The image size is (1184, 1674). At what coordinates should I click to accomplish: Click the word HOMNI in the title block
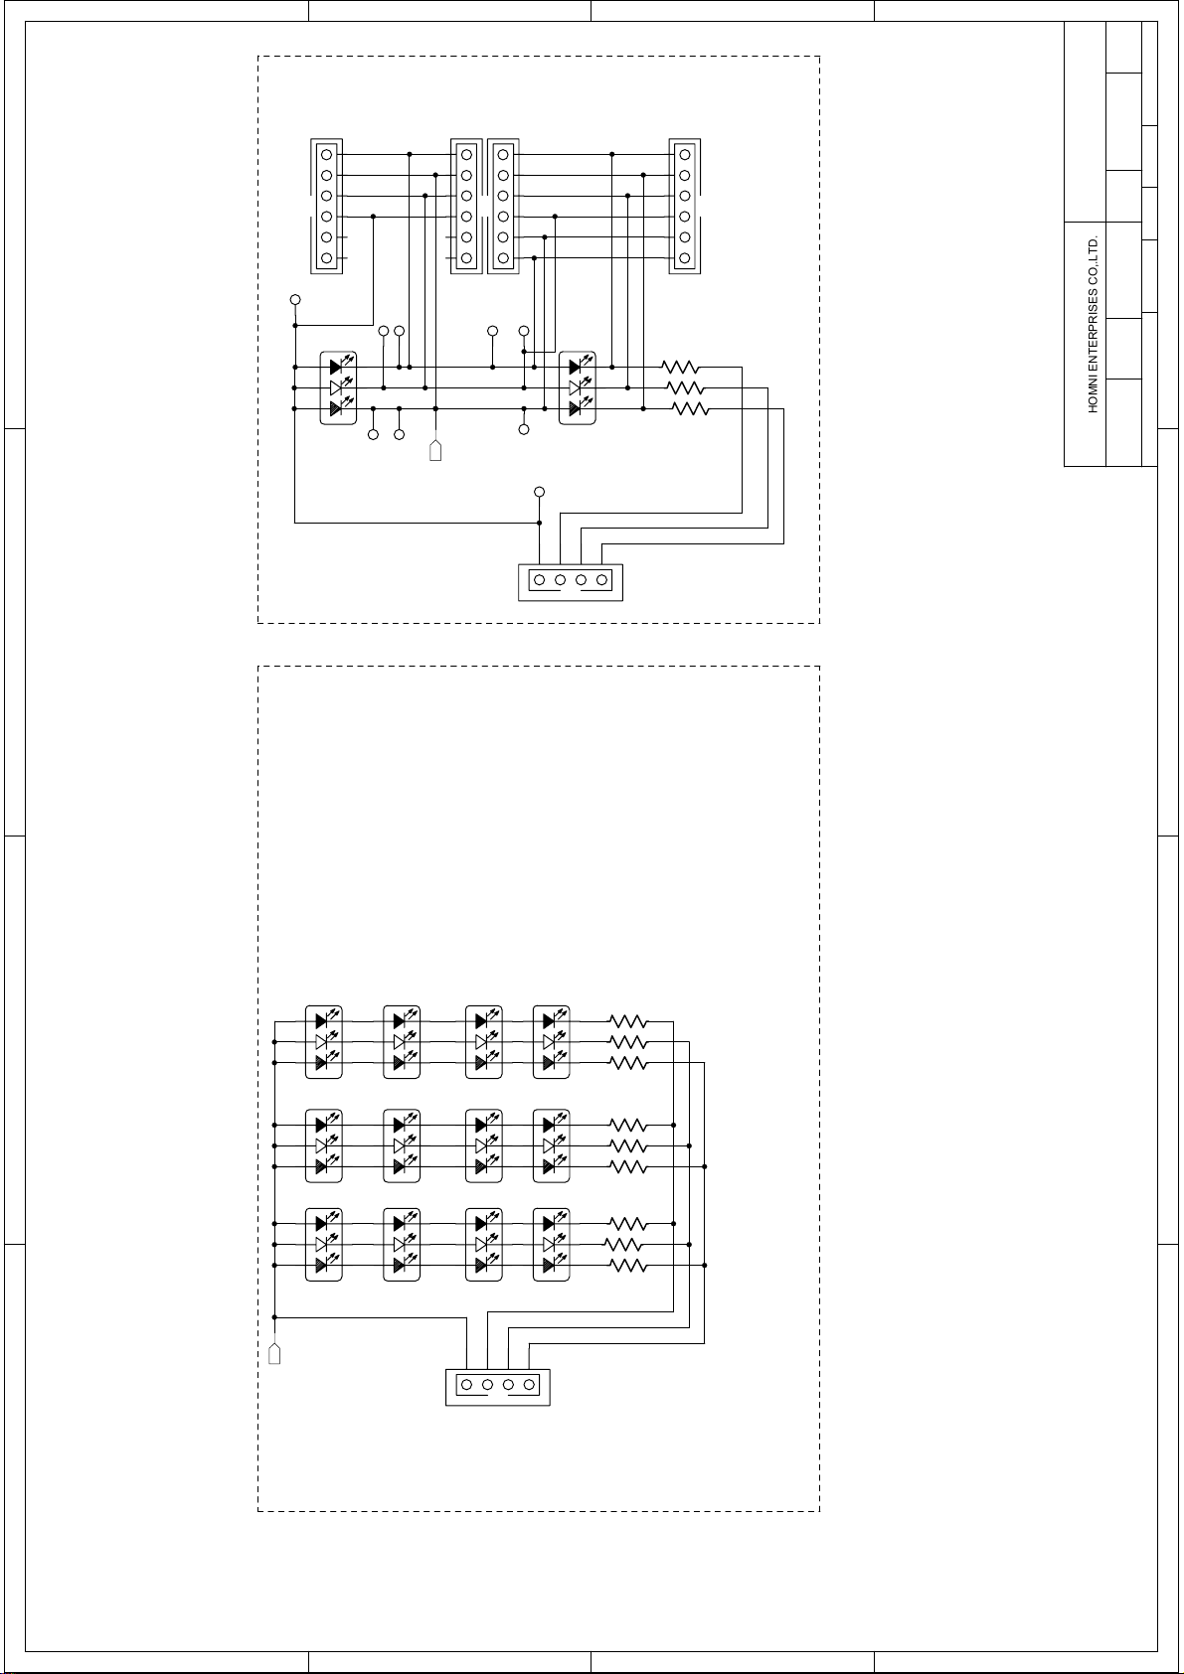click(1093, 396)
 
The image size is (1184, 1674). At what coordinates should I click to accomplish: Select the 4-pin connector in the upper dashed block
click(571, 582)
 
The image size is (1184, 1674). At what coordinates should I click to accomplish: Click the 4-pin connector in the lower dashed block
click(498, 1387)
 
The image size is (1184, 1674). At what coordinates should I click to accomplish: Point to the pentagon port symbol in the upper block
click(435, 451)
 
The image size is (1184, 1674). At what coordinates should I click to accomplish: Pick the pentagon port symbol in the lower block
click(274, 1354)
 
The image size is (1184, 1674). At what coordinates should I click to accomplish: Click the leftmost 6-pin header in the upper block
click(327, 207)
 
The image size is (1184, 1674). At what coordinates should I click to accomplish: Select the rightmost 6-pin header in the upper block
click(684, 207)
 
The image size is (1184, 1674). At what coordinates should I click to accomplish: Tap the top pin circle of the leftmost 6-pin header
click(326, 155)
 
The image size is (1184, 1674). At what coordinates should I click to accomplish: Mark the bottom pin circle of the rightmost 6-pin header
click(684, 258)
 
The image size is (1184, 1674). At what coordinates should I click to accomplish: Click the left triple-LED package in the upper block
click(338, 387)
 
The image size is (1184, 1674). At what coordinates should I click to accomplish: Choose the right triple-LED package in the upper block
click(578, 387)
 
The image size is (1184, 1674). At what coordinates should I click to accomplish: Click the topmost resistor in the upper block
click(681, 367)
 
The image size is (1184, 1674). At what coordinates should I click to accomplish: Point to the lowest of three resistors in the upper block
click(690, 408)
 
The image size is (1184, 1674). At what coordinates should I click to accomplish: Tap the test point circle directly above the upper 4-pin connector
click(539, 492)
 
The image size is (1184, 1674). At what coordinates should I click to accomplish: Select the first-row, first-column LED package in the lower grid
click(324, 1042)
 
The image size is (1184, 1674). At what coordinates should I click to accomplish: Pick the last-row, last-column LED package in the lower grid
click(551, 1244)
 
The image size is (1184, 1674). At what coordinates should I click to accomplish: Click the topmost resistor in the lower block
click(628, 1021)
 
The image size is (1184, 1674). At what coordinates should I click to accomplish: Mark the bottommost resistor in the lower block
click(628, 1266)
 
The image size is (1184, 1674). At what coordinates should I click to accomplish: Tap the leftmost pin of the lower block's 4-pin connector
click(466, 1385)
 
